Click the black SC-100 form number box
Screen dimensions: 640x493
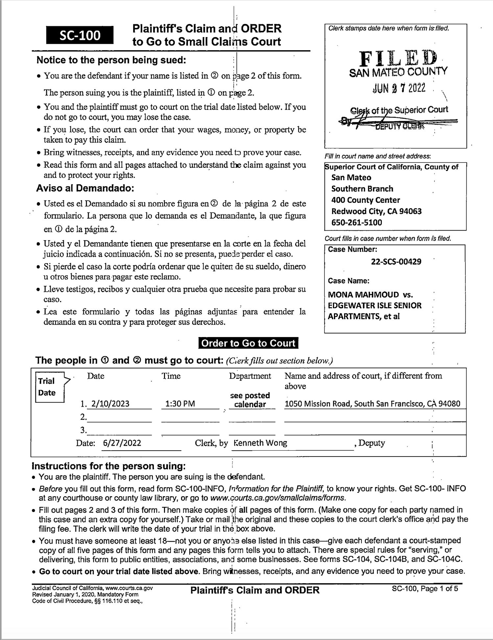pyautogui.click(x=80, y=35)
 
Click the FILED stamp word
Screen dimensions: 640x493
pyautogui.click(x=398, y=59)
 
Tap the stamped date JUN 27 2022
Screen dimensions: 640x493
pyautogui.click(x=399, y=88)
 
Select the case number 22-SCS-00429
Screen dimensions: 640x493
pyautogui.click(x=396, y=262)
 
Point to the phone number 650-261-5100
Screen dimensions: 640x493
pyautogui.click(x=357, y=223)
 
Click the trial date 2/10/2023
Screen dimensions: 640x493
pyautogui.click(x=110, y=404)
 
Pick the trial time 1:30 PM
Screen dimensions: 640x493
pyautogui.click(x=180, y=404)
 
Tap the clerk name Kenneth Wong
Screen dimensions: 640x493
pyautogui.click(x=260, y=443)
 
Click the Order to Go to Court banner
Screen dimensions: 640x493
pyautogui.click(x=248, y=343)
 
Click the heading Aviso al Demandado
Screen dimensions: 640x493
pyautogui.click(x=85, y=188)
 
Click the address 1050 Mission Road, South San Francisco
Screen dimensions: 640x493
pyautogui.click(x=372, y=404)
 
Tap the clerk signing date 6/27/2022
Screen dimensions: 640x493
pyautogui.click(x=122, y=443)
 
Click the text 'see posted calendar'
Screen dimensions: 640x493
pyautogui.click(x=250, y=400)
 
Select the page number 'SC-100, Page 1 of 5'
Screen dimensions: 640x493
pyautogui.click(x=425, y=588)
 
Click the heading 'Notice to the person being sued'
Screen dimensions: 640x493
pyautogui.click(x=111, y=60)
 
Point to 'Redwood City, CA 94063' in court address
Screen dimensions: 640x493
pyautogui.click(x=376, y=211)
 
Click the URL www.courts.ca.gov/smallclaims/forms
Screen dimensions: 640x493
pyautogui.click(x=278, y=498)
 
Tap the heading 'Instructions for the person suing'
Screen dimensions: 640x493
pyautogui.click(x=108, y=466)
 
